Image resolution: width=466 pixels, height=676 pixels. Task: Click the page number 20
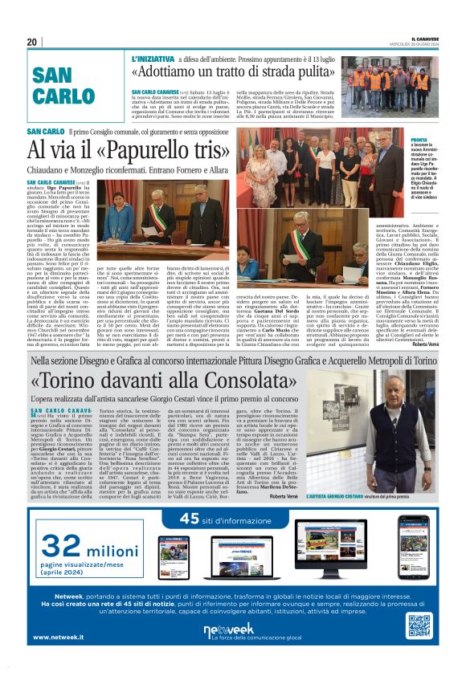32,42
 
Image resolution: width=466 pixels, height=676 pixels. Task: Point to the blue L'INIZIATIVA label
150,59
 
